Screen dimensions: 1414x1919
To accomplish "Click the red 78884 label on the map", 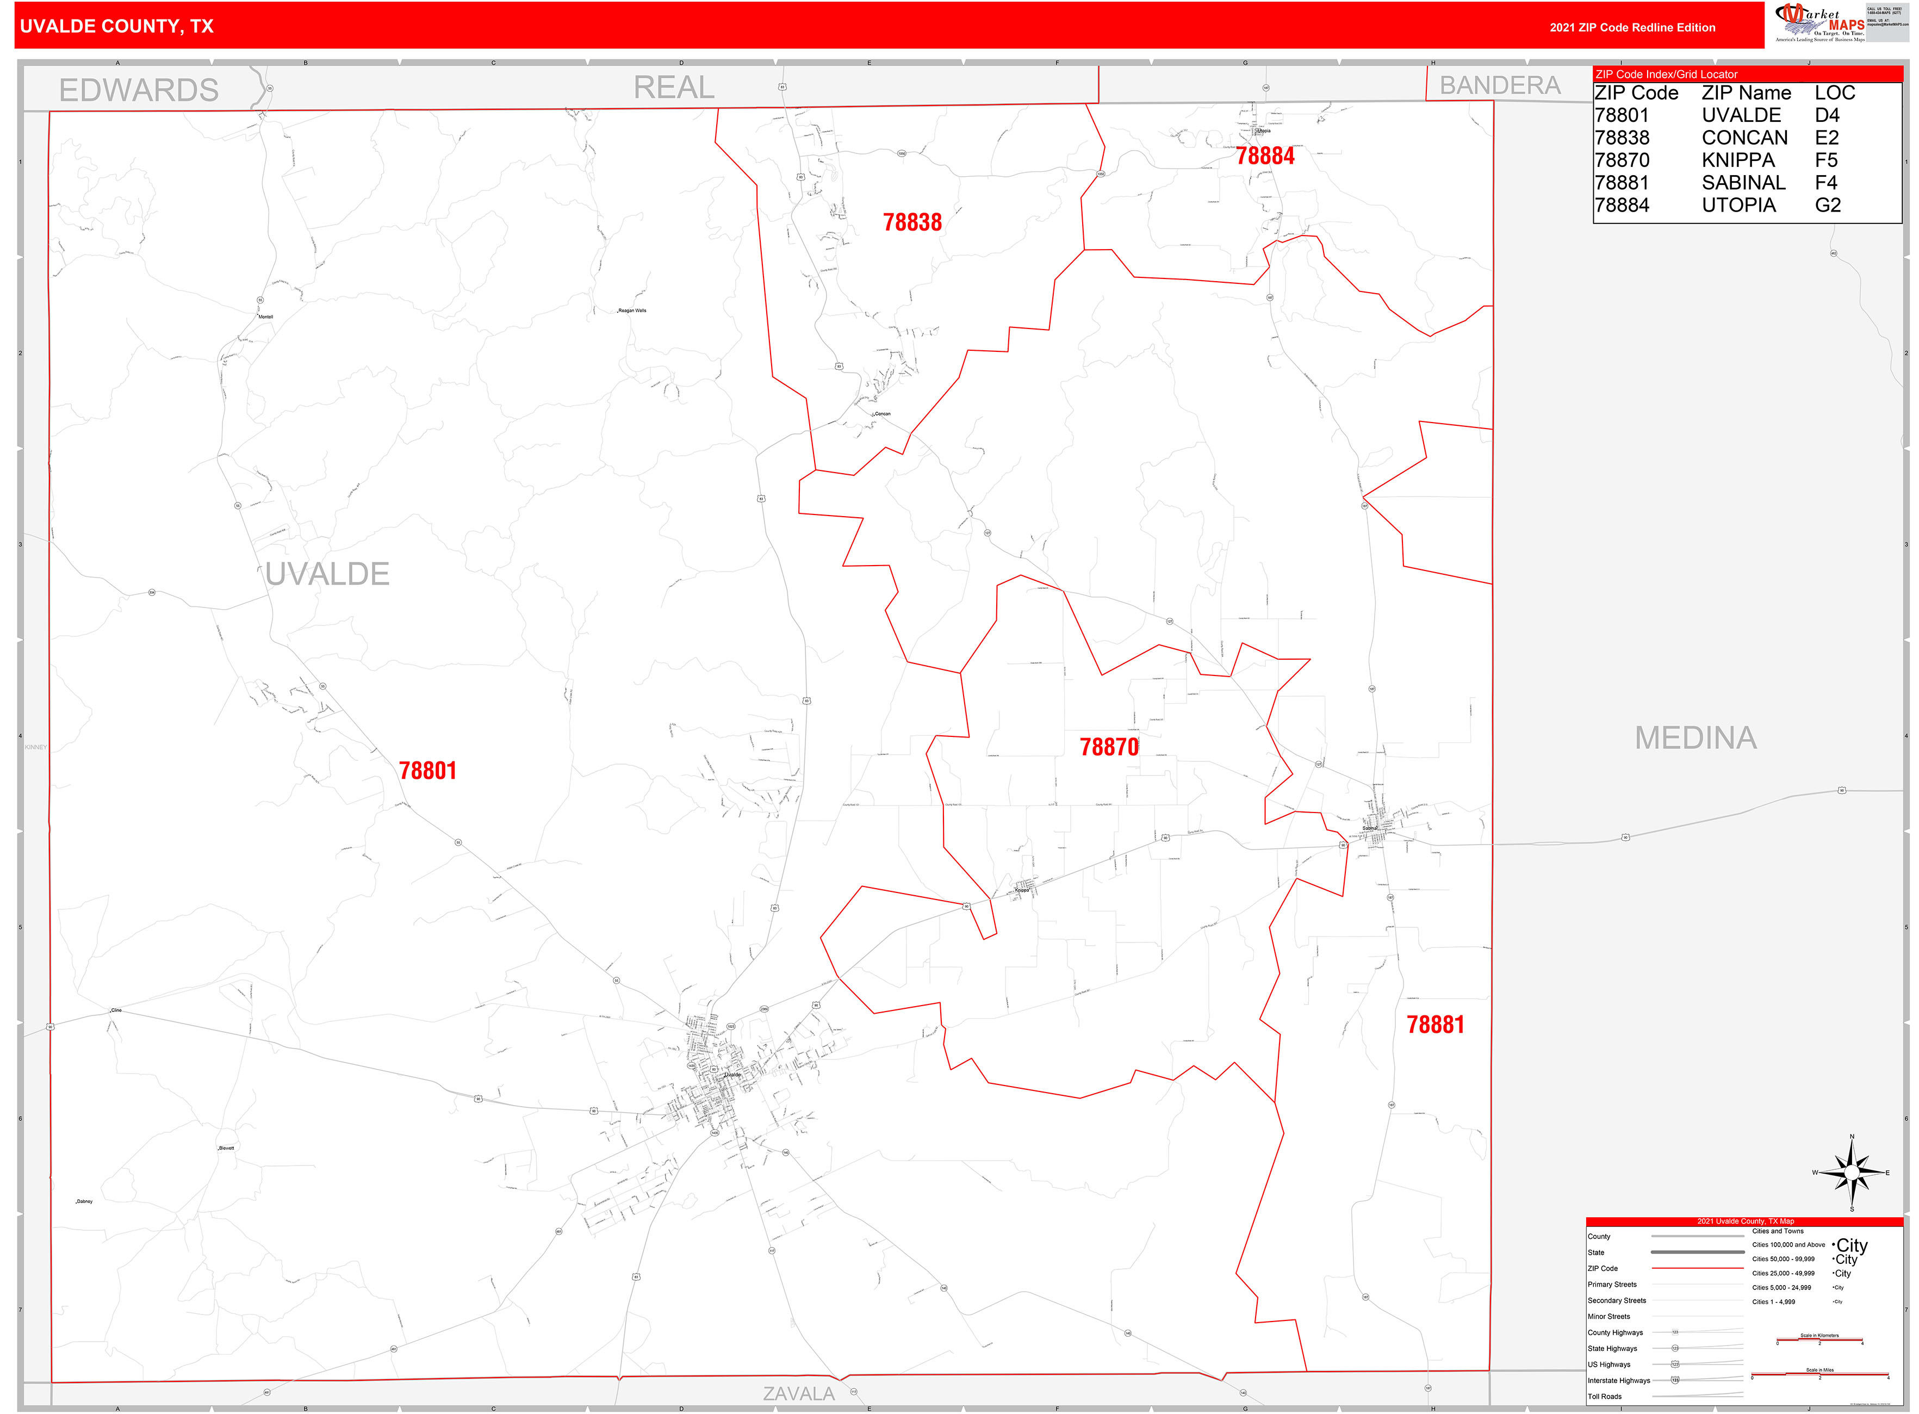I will pos(1264,156).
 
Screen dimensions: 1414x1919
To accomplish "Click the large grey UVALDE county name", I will pos(327,574).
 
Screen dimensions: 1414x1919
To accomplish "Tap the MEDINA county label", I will pos(1695,738).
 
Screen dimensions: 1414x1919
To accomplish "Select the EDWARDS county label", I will pos(139,90).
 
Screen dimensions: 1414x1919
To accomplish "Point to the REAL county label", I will pos(674,88).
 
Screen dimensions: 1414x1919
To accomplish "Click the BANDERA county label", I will pos(1500,85).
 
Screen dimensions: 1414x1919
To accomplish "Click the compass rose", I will pos(1852,1173).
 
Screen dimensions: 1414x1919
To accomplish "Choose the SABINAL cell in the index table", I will pos(1743,182).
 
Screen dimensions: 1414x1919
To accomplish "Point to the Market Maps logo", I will pos(1819,23).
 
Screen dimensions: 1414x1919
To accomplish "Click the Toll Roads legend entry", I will pos(1604,1396).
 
